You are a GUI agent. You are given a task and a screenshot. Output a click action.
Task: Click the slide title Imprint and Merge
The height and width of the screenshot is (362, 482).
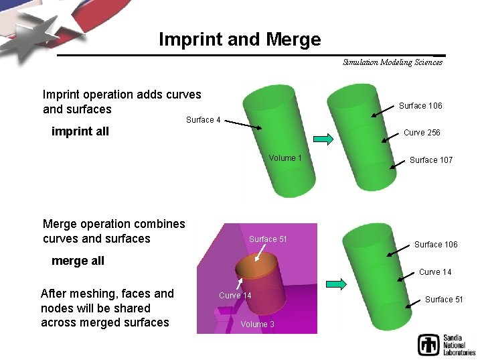point(240,40)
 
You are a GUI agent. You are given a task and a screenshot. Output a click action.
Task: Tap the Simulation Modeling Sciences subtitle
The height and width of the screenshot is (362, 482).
point(392,62)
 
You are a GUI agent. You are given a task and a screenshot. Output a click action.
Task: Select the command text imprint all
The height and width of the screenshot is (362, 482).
point(80,131)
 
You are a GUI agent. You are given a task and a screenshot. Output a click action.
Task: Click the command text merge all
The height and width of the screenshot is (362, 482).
point(78,261)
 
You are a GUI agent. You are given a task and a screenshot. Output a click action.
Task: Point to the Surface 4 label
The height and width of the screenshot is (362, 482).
point(204,120)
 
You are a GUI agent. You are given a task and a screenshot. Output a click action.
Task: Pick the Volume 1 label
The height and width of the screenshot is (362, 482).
point(285,158)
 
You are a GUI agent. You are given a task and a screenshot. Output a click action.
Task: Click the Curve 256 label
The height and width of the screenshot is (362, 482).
point(422,133)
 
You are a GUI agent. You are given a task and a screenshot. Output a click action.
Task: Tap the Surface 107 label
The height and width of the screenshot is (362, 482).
point(431,160)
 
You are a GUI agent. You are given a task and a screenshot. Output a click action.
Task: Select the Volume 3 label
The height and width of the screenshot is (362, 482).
point(258,324)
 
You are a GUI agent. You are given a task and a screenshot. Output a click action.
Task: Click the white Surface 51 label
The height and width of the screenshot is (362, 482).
point(268,239)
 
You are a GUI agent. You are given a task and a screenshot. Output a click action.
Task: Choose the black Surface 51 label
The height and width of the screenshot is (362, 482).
point(444,299)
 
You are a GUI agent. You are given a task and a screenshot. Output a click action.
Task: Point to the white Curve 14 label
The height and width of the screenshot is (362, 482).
point(235,296)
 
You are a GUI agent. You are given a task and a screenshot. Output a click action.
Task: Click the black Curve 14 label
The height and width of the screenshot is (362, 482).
point(435,271)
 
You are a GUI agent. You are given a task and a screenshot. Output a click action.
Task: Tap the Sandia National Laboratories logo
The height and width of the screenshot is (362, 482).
point(446,344)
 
